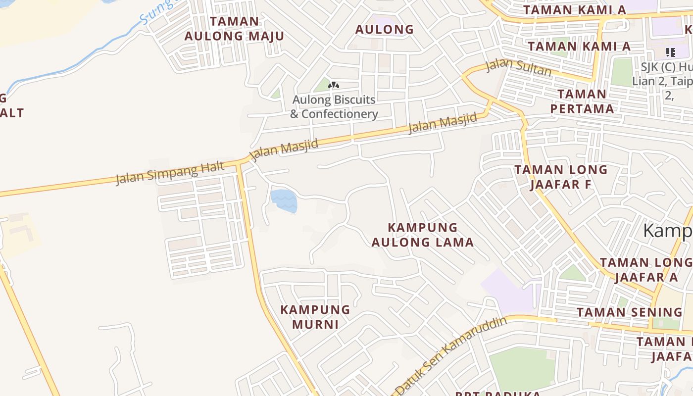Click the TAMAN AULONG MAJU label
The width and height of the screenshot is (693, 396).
tap(234, 29)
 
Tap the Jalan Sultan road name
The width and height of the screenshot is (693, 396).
tap(518, 67)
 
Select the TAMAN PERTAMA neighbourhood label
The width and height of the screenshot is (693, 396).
tap(585, 101)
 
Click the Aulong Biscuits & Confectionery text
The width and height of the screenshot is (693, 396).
tap(334, 107)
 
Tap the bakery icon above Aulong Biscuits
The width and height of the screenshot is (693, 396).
tap(334, 86)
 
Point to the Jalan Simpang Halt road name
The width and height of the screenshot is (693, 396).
tap(169, 173)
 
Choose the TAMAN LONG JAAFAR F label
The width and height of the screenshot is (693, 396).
tap(561, 177)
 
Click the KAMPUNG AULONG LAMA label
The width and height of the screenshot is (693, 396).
tap(423, 235)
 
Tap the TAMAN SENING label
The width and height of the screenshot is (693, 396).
tap(629, 312)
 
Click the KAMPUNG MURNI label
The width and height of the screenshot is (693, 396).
tap(315, 317)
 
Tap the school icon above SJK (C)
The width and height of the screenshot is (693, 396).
tap(671, 52)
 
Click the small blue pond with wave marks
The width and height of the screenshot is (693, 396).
tap(284, 200)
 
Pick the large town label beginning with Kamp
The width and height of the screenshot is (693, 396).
tap(668, 231)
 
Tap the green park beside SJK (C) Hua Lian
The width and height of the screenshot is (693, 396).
tap(622, 72)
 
